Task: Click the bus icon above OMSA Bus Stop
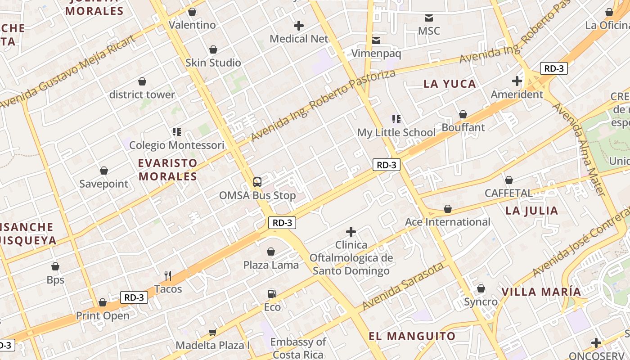point(257,182)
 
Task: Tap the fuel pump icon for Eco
point(272,294)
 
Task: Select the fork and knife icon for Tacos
point(168,275)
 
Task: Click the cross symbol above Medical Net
point(299,26)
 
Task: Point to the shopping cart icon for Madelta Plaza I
point(212,332)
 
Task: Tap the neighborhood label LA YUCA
point(450,84)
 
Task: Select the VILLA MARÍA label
point(541,292)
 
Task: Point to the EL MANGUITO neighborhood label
point(412,336)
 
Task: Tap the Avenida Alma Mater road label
point(578,149)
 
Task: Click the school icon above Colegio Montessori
point(177,132)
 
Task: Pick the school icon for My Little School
point(396,119)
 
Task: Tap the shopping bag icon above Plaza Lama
point(271,252)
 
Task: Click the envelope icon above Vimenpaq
point(376,40)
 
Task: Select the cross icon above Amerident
point(517,81)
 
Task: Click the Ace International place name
point(447,222)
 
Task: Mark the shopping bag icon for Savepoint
point(104,171)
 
